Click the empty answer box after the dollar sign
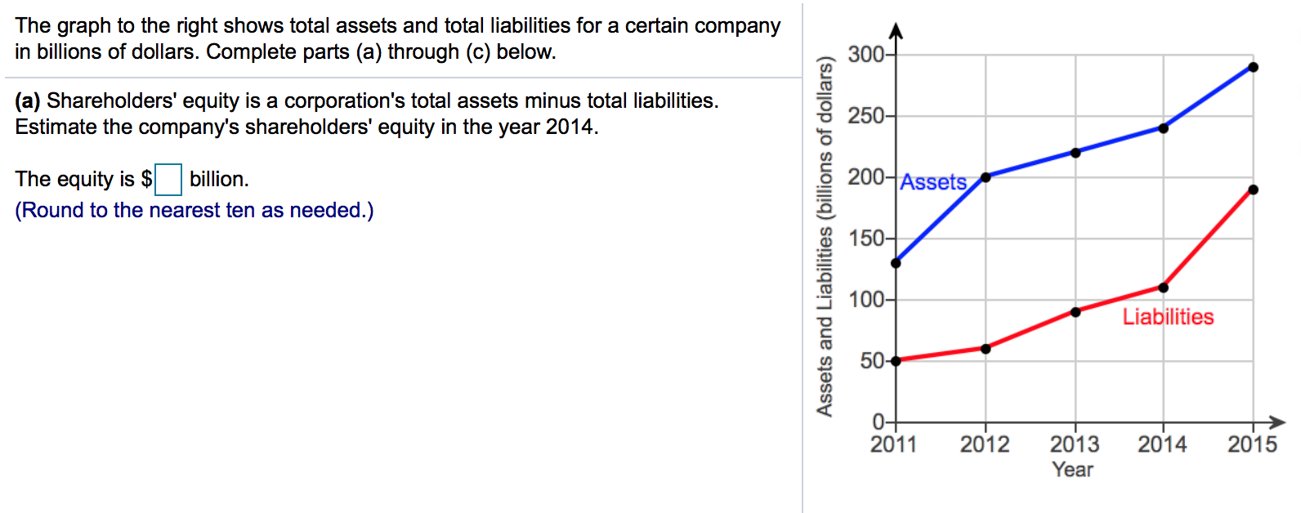pos(168,180)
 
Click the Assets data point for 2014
pos(1164,128)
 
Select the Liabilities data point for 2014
pos(1164,288)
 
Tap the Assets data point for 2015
pos(1254,67)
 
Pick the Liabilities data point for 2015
pos(1254,190)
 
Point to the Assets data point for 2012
pos(986,176)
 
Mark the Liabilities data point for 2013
pos(1075,312)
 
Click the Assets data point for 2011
pos(896,263)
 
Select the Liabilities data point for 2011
pos(896,361)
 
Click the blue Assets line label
pos(933,182)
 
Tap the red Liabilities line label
pos(1168,317)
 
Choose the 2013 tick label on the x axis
pos(1075,444)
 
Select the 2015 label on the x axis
pos(1252,444)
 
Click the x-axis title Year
pos(1072,470)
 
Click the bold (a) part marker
pos(27,101)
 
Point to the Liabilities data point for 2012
pos(986,349)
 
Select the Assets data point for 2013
pos(1075,153)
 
